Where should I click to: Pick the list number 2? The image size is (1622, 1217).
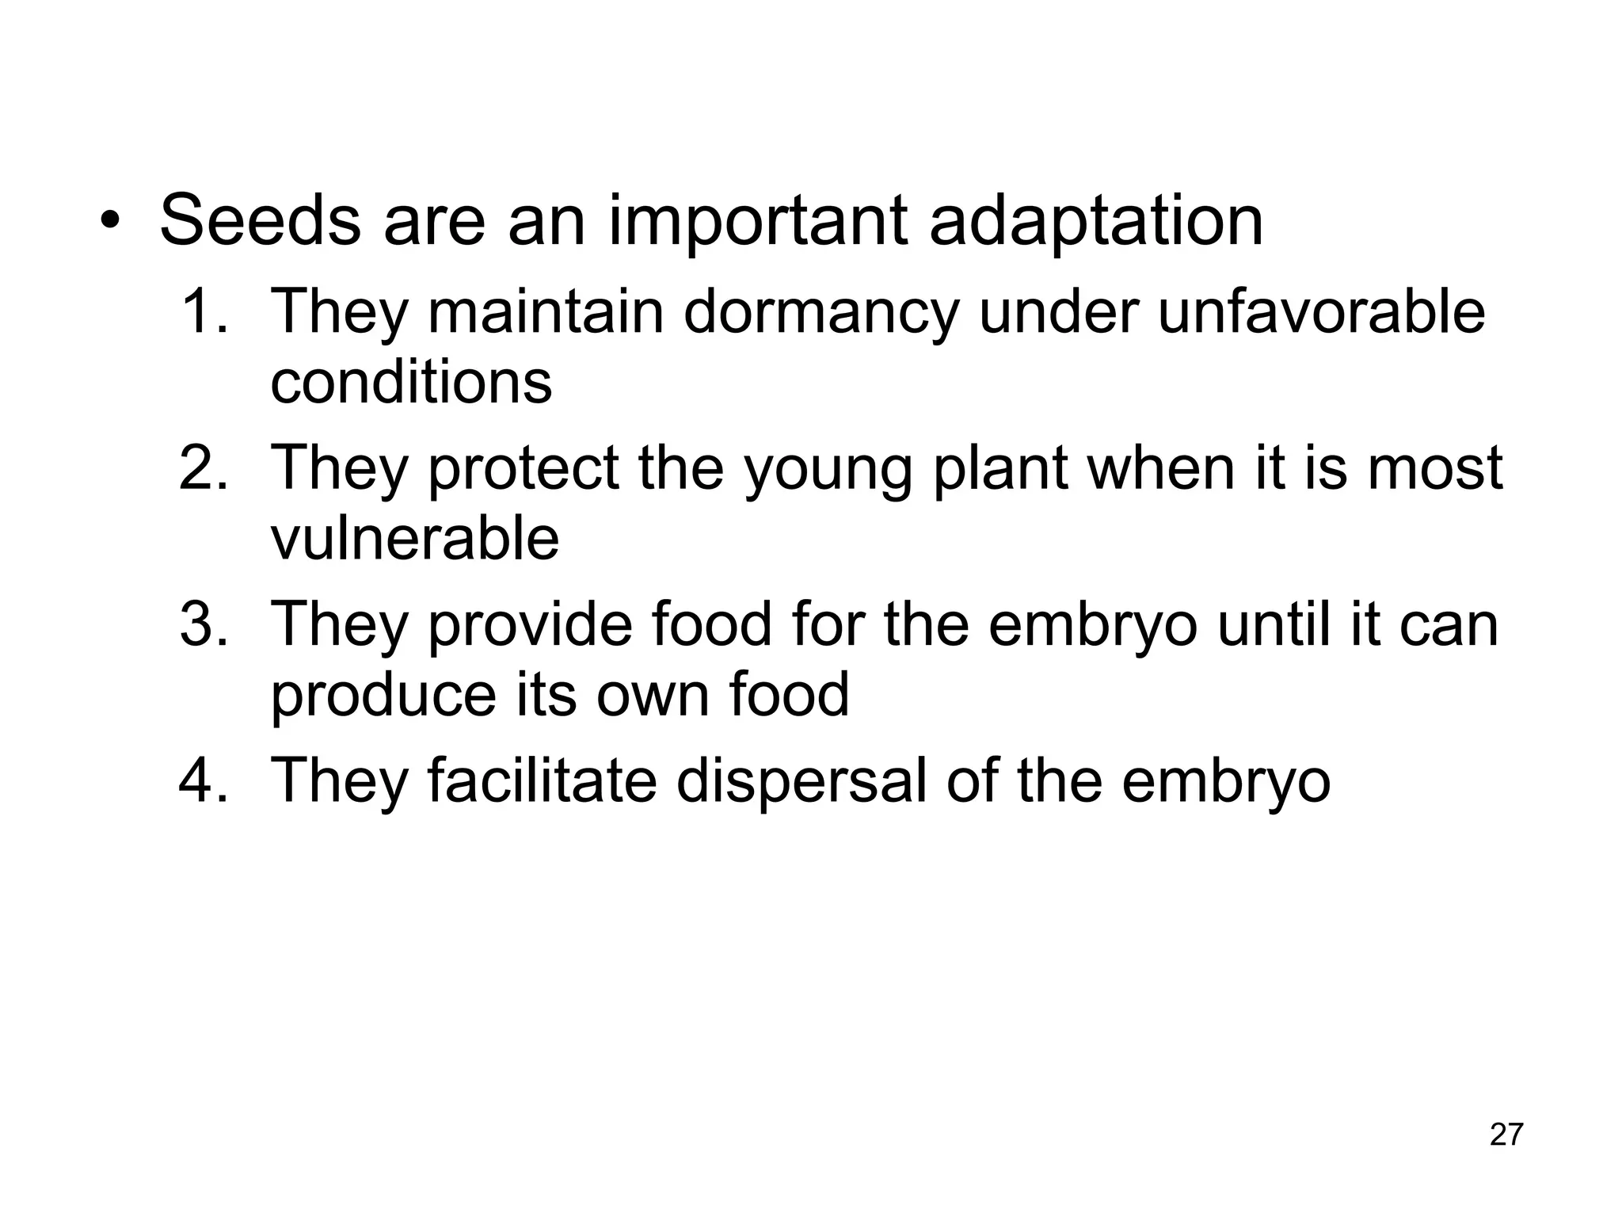(204, 467)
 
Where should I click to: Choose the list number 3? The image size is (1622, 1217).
(204, 624)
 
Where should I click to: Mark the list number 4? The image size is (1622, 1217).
(204, 780)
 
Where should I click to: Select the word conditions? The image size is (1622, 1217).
(411, 381)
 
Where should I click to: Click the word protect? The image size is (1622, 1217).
(524, 469)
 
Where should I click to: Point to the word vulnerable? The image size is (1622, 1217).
(415, 537)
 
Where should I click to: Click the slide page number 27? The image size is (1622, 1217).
(1506, 1135)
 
